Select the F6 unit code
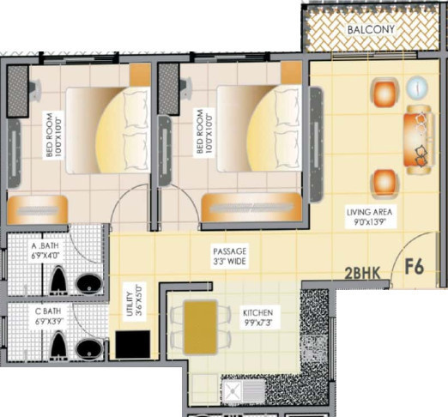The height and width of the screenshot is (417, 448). [415, 267]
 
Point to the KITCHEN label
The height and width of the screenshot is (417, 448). [257, 313]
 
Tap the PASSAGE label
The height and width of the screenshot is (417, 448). [230, 251]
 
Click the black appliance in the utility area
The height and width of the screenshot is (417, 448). [134, 345]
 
